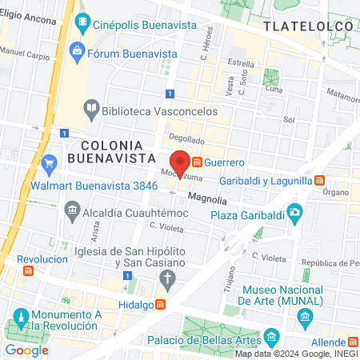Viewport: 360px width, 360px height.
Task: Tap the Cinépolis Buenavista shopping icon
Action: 83,25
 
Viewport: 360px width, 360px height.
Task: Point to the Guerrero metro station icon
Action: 197,162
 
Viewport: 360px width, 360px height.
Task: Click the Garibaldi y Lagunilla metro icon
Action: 319,181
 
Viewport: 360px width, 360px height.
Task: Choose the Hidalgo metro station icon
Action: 161,304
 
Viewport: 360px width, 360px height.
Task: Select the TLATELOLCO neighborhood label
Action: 308,26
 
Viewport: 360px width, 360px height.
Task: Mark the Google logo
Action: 26,350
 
